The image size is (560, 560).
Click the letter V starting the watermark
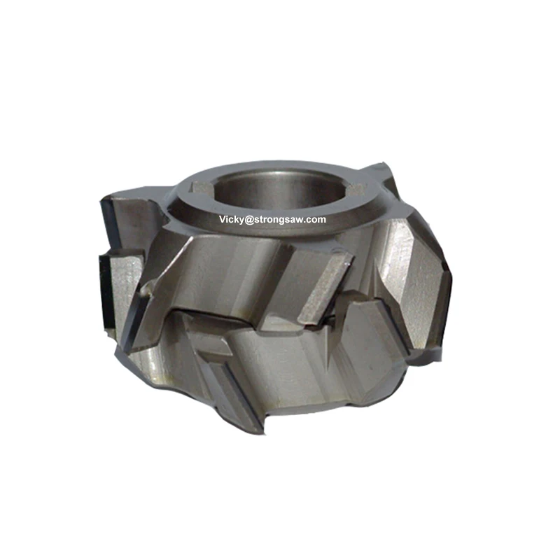pyautogui.click(x=221, y=220)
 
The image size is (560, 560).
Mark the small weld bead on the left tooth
pyautogui.click(x=146, y=289)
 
